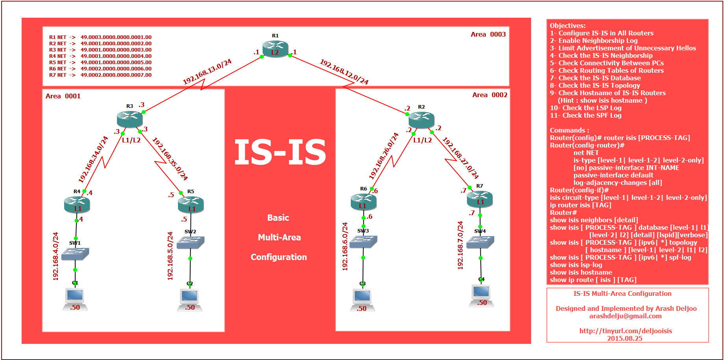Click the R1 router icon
(275, 49)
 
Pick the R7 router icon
(480, 199)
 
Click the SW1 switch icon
(75, 254)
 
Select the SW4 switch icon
(480, 242)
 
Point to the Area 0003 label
(488, 35)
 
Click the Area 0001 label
(63, 96)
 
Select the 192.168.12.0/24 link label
(344, 72)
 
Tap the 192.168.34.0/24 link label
(93, 159)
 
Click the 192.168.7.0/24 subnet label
(460, 245)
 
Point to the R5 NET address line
(100, 63)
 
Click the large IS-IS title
(280, 153)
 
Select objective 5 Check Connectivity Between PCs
(607, 63)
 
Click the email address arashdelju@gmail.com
(625, 316)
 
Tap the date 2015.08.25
(624, 338)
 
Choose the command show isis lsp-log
(576, 265)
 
